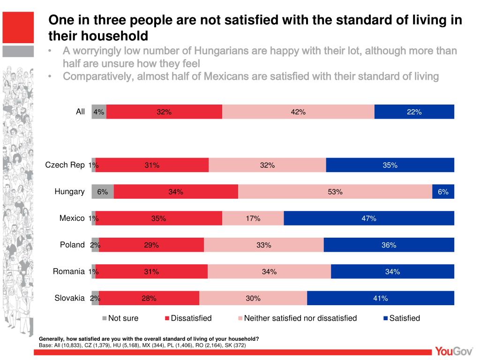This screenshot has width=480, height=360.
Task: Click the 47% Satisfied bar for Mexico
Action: pos(369,218)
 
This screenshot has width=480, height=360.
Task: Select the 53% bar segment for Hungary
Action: pos(335,192)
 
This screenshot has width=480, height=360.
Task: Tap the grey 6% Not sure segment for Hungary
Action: pos(103,192)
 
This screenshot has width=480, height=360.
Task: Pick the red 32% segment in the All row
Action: pos(164,112)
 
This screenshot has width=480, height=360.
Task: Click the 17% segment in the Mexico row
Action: pos(253,218)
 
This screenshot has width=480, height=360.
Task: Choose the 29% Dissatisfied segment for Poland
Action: pos(151,245)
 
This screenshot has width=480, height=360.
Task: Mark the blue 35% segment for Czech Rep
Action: pos(390,165)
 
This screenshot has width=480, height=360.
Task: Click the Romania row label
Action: pos(68,271)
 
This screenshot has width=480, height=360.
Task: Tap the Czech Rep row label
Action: pos(65,165)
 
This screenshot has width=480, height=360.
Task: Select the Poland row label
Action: pos(72,245)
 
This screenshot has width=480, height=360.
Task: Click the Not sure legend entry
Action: pos(121,318)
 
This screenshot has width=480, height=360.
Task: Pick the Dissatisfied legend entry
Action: pos(188,318)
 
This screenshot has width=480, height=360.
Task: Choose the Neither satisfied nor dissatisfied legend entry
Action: pos(298,318)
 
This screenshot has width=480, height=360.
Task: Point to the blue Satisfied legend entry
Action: pos(402,318)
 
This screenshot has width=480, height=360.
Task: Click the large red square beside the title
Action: pos(18,27)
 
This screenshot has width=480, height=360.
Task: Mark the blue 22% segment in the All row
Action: pos(414,112)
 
